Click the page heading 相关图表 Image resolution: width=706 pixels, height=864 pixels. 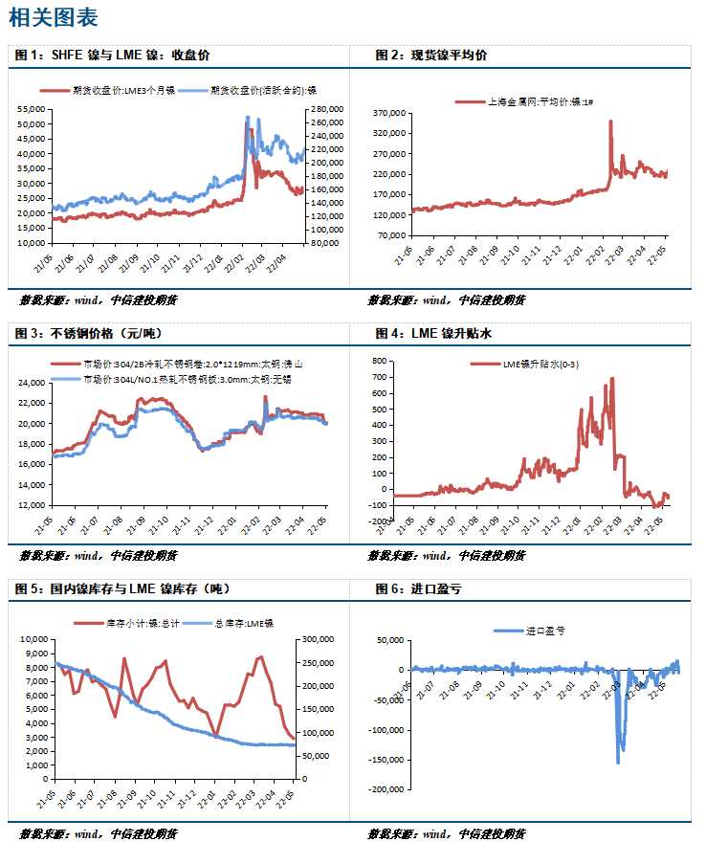pos(53,18)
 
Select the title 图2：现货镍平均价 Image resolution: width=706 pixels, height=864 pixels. pos(431,55)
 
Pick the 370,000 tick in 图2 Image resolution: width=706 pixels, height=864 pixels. pos(391,113)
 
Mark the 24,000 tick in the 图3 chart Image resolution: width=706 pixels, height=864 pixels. pos(34,383)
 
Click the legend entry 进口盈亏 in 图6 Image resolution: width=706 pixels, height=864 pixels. pos(544,631)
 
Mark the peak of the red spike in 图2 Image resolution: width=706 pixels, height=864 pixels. pos(610,122)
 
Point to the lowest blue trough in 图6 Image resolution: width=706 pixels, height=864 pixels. pos(618,762)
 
